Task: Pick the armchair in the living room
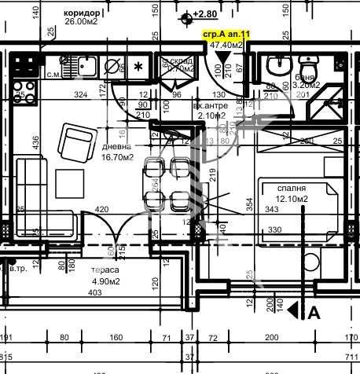click(x=78, y=145)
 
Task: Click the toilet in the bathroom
click(x=277, y=65)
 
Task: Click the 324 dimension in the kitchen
click(x=79, y=94)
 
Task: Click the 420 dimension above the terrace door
click(x=101, y=209)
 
